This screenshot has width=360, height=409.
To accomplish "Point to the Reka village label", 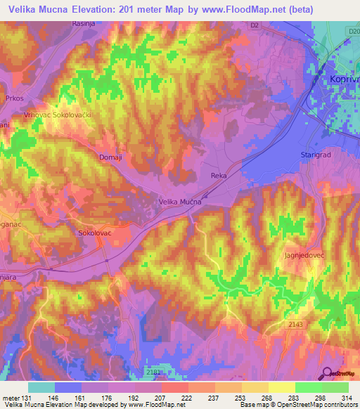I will tap(218, 175).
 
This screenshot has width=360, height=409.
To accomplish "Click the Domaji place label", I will tap(110, 157).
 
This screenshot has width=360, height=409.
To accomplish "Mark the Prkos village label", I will tap(15, 98).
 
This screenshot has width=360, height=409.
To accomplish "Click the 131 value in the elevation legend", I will tap(27, 398).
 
